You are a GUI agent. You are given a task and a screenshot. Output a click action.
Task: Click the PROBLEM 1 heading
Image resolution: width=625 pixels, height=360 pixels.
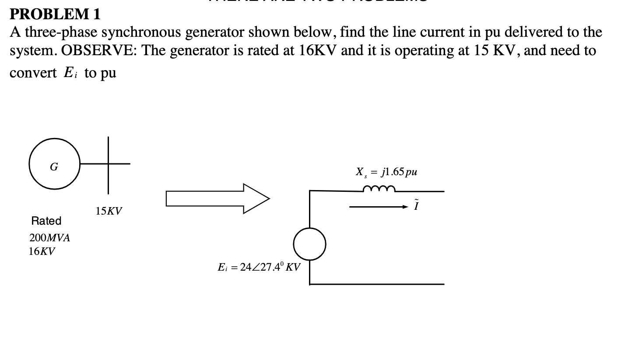(55, 14)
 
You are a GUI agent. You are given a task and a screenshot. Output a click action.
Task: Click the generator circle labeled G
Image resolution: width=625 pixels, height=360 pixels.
(55, 165)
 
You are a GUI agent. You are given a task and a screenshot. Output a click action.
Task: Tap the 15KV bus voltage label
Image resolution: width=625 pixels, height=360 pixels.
(109, 212)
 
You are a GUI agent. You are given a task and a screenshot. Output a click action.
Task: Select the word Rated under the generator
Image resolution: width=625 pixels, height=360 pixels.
(46, 221)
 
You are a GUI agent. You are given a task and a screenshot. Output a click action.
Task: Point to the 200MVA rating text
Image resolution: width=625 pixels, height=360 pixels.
(49, 238)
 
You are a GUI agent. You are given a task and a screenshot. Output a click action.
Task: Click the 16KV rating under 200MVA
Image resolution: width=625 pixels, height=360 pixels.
(42, 251)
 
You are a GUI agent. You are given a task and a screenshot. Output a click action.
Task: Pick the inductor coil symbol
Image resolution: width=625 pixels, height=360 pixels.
(379, 189)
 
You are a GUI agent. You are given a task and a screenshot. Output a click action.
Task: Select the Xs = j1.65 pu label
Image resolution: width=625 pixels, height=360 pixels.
(386, 172)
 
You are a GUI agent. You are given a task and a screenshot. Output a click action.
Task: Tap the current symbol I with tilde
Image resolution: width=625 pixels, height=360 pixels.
(416, 205)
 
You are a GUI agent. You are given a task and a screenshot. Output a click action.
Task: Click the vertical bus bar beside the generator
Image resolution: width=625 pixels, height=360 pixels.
(108, 165)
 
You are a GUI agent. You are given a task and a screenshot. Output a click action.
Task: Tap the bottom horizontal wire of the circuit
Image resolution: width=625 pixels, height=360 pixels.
(376, 284)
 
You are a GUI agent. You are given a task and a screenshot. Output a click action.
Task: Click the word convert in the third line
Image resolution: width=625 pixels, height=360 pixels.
(33, 72)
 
